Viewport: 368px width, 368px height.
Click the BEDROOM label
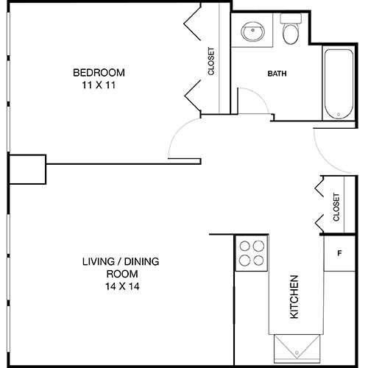click(x=98, y=72)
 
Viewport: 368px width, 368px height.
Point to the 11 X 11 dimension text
click(x=98, y=85)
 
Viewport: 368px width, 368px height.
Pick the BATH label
click(x=277, y=74)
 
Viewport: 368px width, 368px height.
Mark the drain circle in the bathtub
click(x=337, y=114)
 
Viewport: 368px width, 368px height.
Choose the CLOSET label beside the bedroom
click(x=211, y=62)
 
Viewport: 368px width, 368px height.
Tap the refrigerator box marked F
click(x=339, y=254)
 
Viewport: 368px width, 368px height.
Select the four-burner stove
click(x=252, y=252)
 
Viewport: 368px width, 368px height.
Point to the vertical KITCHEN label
click(x=294, y=297)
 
